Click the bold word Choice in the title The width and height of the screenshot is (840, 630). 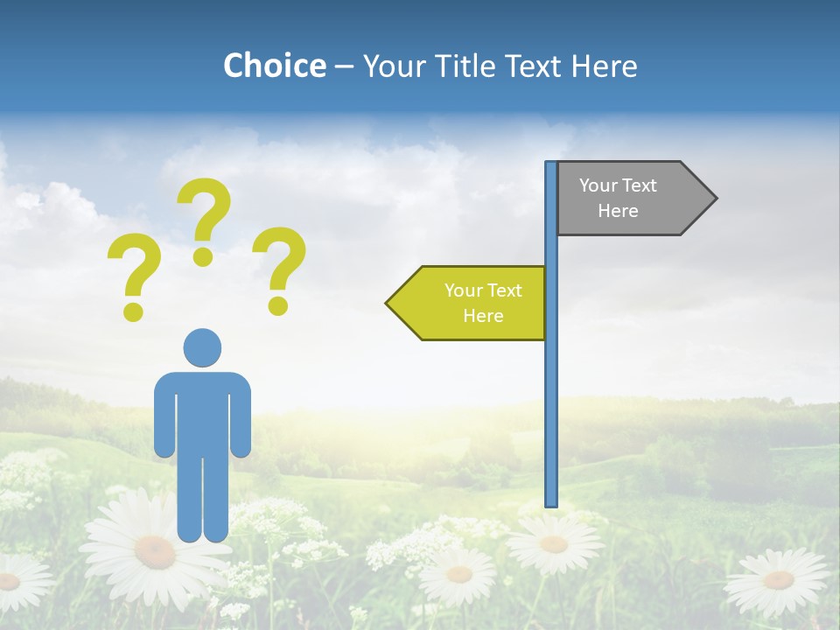pyautogui.click(x=274, y=66)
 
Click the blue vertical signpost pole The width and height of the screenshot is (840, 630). pyautogui.click(x=551, y=394)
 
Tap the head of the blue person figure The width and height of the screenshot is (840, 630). pyautogui.click(x=202, y=347)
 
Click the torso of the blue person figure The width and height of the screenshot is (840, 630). pyautogui.click(x=202, y=411)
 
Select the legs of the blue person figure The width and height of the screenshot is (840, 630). pyautogui.click(x=202, y=499)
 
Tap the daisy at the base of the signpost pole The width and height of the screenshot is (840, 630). pyautogui.click(x=553, y=542)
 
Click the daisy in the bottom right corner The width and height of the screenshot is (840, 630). pyautogui.click(x=778, y=579)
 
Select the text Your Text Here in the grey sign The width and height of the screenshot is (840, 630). pyautogui.click(x=618, y=199)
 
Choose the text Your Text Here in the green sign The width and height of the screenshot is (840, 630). pyautogui.click(x=483, y=303)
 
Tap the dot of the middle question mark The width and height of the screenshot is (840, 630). pyautogui.click(x=203, y=256)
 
